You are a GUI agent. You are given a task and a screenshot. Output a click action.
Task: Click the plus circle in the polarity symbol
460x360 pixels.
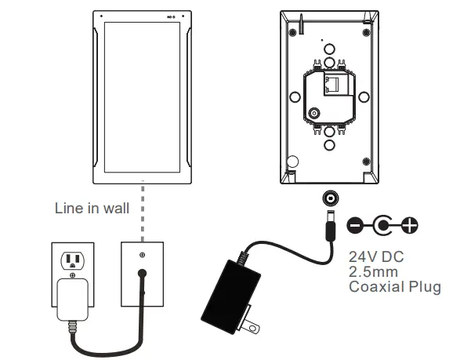pyautogui.click(x=408, y=227)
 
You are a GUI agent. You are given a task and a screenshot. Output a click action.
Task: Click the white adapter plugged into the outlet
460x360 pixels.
pyautogui.click(x=73, y=302)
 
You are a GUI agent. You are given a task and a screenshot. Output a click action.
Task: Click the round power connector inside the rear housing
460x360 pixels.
pyautogui.click(x=314, y=114)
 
